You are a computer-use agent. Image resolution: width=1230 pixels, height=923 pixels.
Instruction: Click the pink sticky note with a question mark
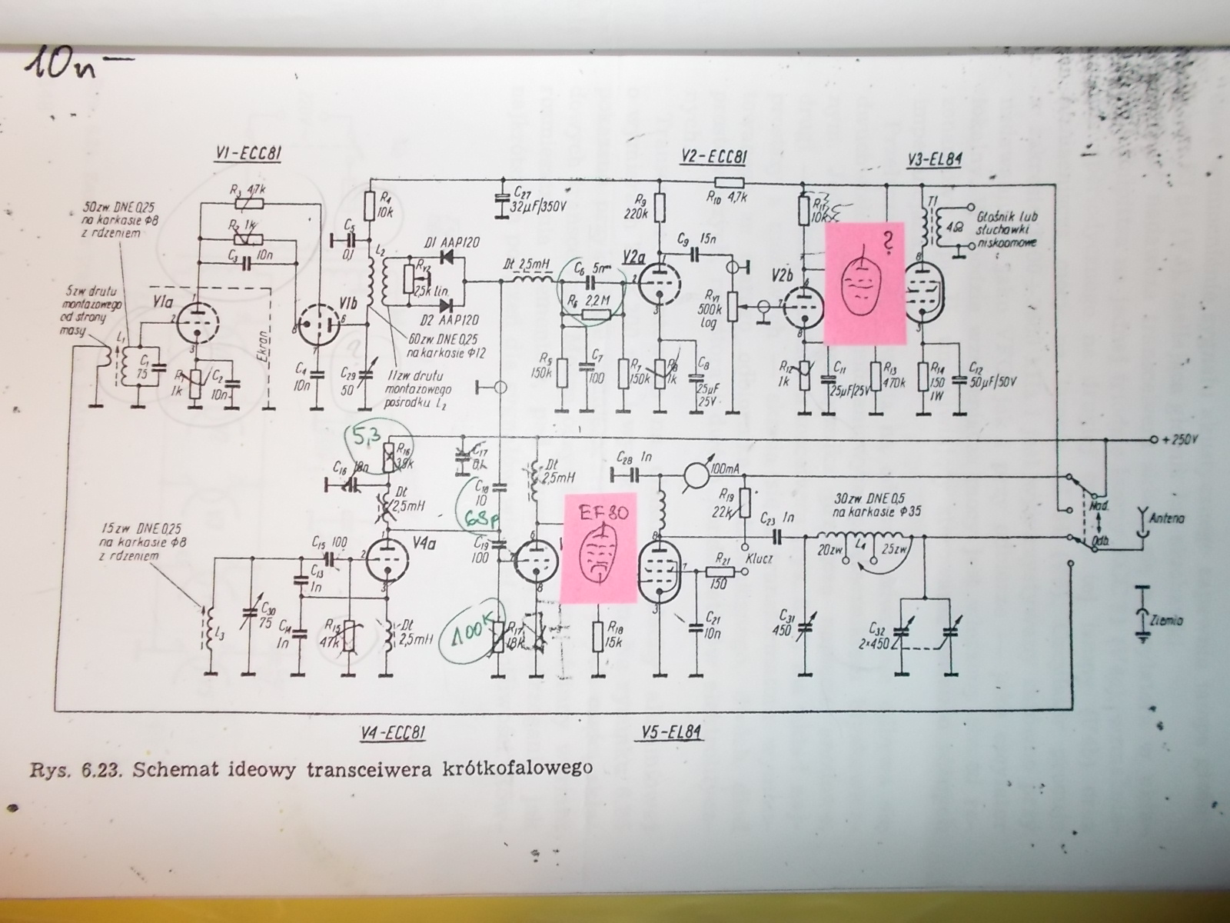pyautogui.click(x=864, y=283)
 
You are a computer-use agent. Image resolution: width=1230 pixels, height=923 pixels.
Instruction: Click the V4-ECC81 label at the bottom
pyautogui.click(x=392, y=731)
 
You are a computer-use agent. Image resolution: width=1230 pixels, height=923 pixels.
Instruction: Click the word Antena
pyautogui.click(x=1166, y=518)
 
